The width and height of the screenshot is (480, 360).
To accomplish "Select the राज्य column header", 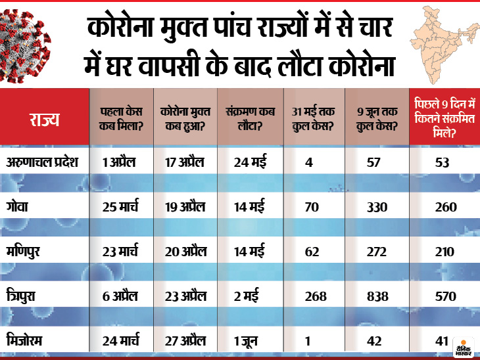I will pos(43,119).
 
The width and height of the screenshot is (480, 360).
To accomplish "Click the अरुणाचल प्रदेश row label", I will pos(45,161).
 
